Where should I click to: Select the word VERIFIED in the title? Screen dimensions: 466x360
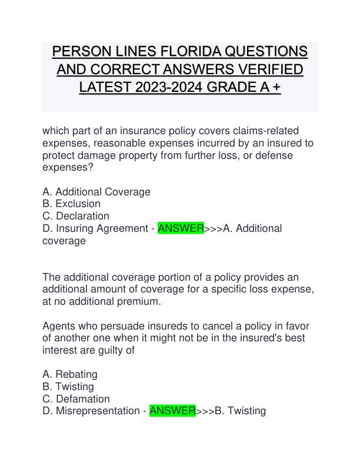(x=266, y=69)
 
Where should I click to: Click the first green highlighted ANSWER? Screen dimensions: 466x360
(x=181, y=228)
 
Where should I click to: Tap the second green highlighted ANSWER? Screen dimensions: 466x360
(x=172, y=411)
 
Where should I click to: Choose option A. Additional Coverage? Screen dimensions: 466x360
(x=96, y=192)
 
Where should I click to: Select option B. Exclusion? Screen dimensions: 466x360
(x=71, y=204)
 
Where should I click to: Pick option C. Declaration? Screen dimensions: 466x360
(x=76, y=216)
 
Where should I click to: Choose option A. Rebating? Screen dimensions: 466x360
(x=70, y=374)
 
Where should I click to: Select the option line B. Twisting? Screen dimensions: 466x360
(x=68, y=387)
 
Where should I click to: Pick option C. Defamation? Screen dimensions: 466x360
(x=76, y=399)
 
